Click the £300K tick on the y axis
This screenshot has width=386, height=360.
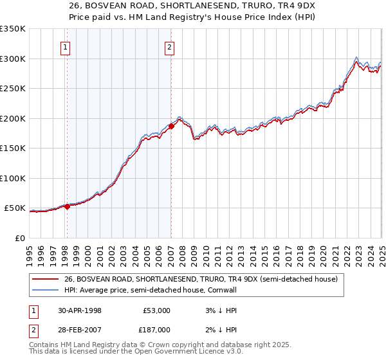pos(12,59)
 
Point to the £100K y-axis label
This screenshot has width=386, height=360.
pos(12,178)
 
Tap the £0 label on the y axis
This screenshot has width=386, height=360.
pos(20,238)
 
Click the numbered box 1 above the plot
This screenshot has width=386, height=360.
pos(66,46)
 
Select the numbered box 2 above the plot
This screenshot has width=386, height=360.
pos(169,46)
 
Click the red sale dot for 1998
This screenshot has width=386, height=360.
pos(68,206)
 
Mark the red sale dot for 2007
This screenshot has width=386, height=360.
pos(171,126)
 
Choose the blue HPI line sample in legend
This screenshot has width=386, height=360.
pos(46,290)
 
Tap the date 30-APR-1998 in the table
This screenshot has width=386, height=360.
pos(80,310)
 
